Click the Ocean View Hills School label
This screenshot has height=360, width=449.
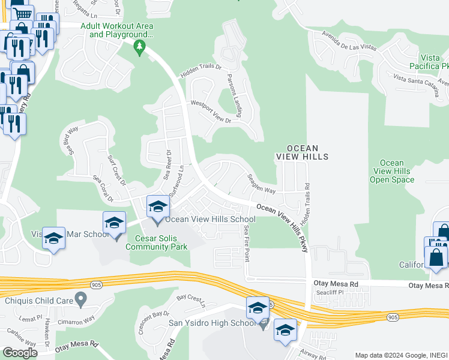pyautogui.click(x=215, y=220)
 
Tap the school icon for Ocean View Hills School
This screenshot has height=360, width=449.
pyautogui.click(x=158, y=207)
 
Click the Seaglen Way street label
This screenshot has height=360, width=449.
pyautogui.click(x=262, y=183)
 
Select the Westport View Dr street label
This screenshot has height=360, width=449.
pyautogui.click(x=211, y=111)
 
